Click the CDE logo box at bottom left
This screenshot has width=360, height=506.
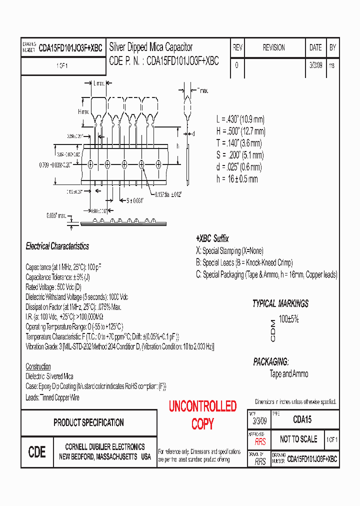point(37,452)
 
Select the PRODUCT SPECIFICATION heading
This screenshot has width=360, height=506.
point(88,422)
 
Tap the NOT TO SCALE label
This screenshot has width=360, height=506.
point(298,439)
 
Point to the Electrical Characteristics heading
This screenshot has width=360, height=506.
point(57,246)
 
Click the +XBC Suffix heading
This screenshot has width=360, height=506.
point(212,238)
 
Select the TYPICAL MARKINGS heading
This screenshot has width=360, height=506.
point(280,303)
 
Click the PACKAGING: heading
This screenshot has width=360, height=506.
point(270,361)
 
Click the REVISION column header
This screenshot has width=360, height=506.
point(273,47)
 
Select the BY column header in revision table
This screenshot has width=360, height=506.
point(332,47)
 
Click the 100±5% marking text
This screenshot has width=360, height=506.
point(288,318)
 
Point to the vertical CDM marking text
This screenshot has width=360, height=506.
point(272,330)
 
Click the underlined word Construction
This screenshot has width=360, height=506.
point(38,366)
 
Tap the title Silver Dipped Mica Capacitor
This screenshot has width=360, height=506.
point(150,47)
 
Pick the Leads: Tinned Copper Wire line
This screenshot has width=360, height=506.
point(52,397)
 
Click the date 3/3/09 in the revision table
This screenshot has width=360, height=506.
point(315,65)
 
